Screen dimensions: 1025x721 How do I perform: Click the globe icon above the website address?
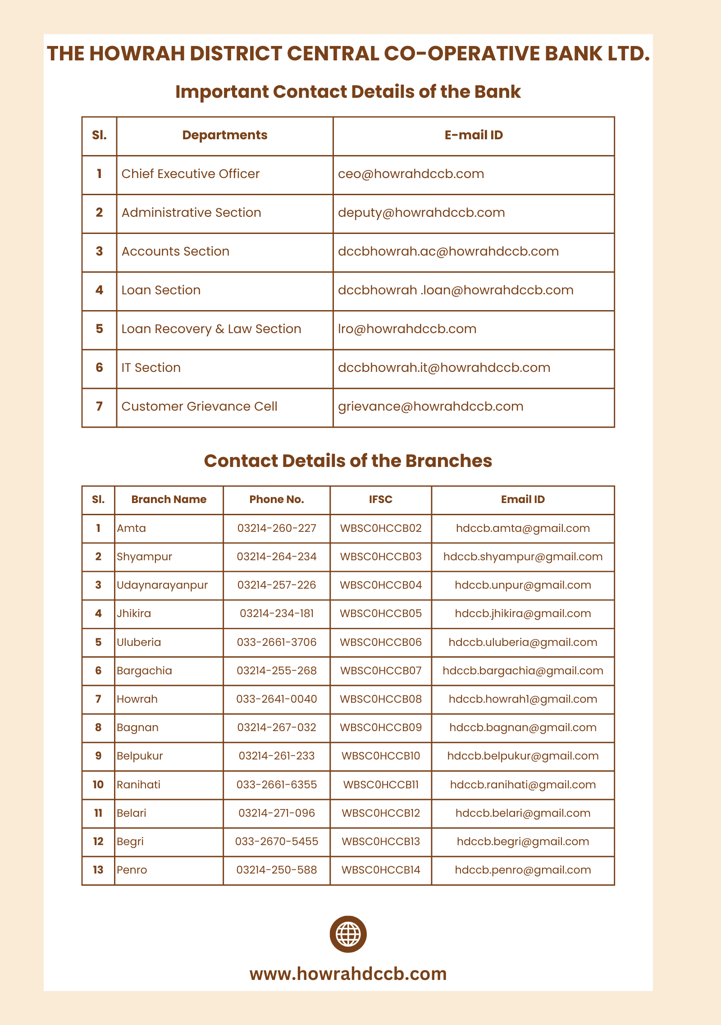(x=348, y=934)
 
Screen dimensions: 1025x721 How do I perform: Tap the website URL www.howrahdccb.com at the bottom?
(x=348, y=974)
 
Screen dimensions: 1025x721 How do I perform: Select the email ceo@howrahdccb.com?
(x=411, y=174)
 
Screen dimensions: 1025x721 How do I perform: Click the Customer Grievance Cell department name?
(x=199, y=407)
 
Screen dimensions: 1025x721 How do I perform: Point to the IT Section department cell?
(x=151, y=368)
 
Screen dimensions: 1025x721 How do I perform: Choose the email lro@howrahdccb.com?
(x=407, y=329)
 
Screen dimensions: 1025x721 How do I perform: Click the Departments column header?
(x=224, y=135)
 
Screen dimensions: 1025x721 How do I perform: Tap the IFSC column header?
(x=380, y=499)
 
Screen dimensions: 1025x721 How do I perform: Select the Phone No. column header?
(x=277, y=499)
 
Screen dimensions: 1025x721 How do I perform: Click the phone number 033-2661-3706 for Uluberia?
(x=277, y=642)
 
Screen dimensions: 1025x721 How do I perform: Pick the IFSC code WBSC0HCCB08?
(x=381, y=699)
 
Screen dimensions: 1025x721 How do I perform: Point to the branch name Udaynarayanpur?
(x=162, y=585)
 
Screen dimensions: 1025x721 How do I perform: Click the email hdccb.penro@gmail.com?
(x=523, y=870)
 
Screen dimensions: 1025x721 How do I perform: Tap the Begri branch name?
(x=130, y=842)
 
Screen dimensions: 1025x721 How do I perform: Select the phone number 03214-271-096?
(x=277, y=813)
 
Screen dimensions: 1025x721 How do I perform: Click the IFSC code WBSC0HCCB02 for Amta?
(x=381, y=528)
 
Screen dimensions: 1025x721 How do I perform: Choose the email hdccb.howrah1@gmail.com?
(x=523, y=699)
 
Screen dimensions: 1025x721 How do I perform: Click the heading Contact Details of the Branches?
(x=348, y=461)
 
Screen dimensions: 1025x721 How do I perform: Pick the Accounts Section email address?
(x=448, y=252)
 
